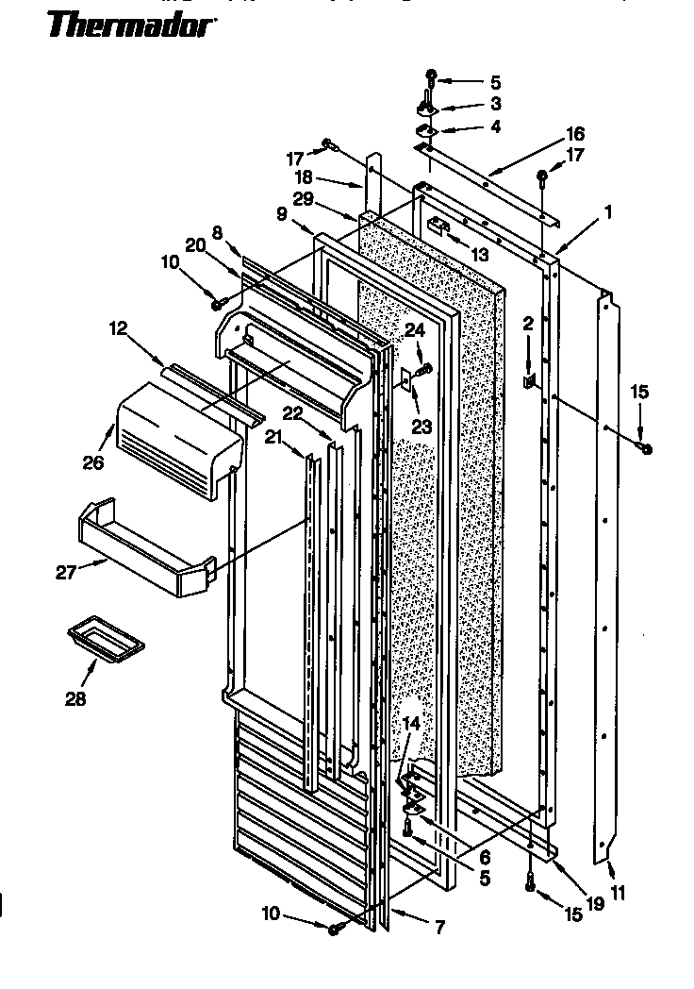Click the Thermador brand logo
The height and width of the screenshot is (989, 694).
130,25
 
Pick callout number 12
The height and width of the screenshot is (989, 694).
118,328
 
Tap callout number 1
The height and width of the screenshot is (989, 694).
609,213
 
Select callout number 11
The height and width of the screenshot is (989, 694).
619,891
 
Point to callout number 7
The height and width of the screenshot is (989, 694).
439,929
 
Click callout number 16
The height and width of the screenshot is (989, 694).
575,133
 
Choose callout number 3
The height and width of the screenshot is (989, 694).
495,104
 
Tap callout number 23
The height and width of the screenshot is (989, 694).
421,426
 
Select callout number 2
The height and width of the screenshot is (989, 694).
528,323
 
